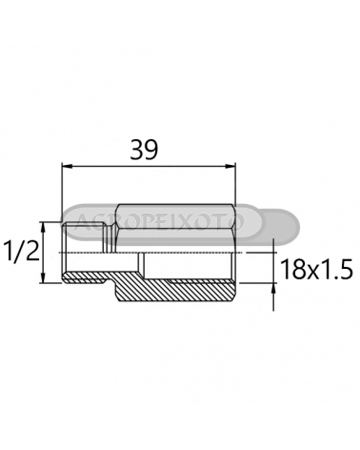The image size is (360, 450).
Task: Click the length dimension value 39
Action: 144,150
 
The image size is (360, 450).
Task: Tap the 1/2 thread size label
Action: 21,251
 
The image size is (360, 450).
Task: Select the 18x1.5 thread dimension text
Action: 317,270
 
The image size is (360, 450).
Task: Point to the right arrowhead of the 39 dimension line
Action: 230,166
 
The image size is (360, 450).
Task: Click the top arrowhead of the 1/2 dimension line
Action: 44,227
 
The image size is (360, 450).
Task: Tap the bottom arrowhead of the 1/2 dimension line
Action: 44,277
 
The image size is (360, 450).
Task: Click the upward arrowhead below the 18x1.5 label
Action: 273,289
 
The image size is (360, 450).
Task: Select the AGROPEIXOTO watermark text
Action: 160,221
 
